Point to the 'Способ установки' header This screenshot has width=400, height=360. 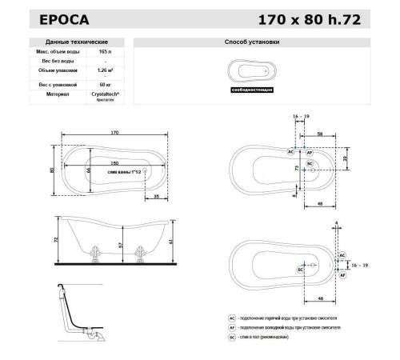click(260, 41)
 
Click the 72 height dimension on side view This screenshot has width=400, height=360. click(58, 239)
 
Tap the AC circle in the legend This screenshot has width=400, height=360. click(232, 318)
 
